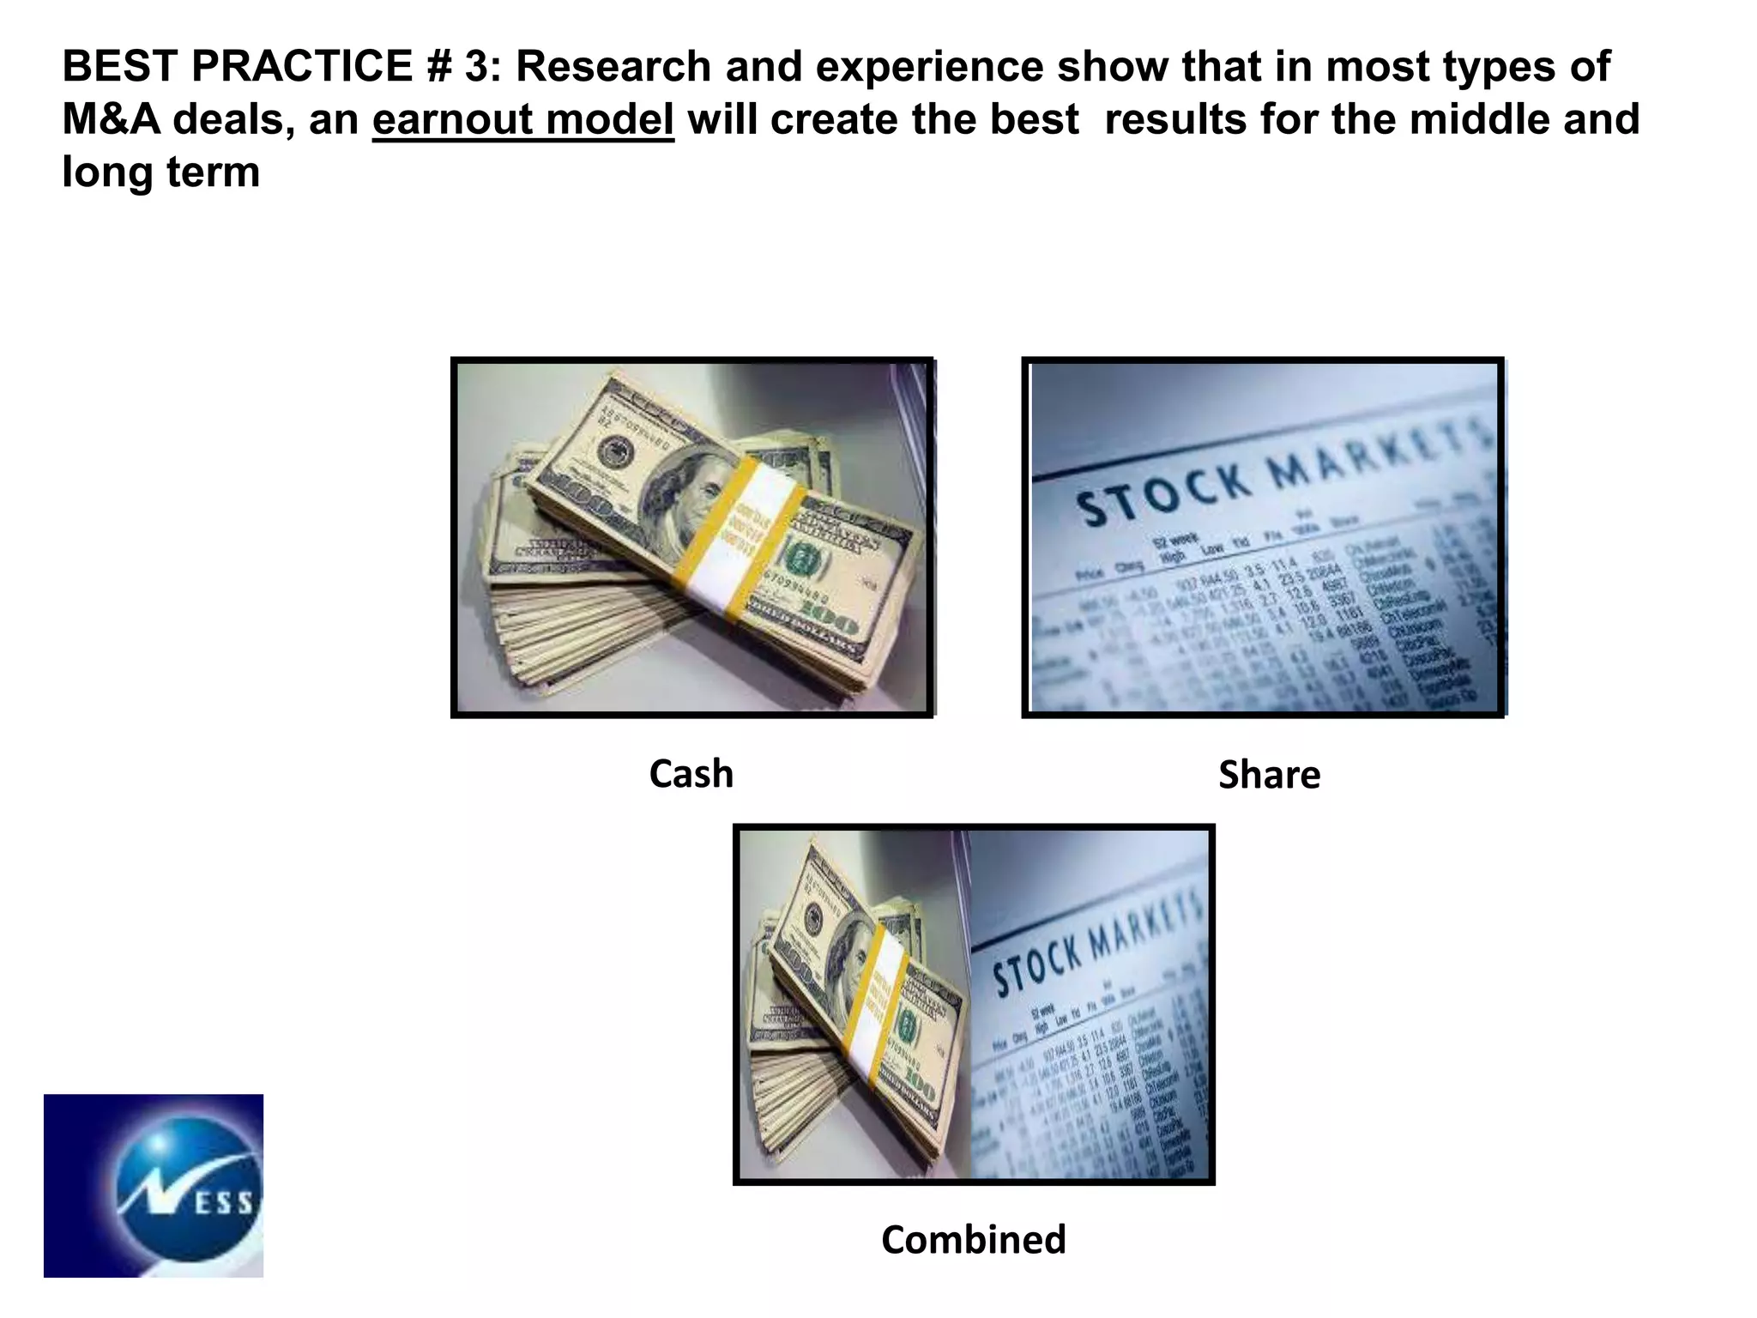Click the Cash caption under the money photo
pyautogui.click(x=691, y=774)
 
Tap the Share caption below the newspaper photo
pyautogui.click(x=1269, y=775)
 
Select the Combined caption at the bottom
pyautogui.click(x=974, y=1240)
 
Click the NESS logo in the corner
pyautogui.click(x=154, y=1185)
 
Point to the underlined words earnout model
pyautogui.click(x=523, y=119)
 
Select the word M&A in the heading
pyautogui.click(x=112, y=119)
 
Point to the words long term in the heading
pyautogui.click(x=161, y=172)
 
